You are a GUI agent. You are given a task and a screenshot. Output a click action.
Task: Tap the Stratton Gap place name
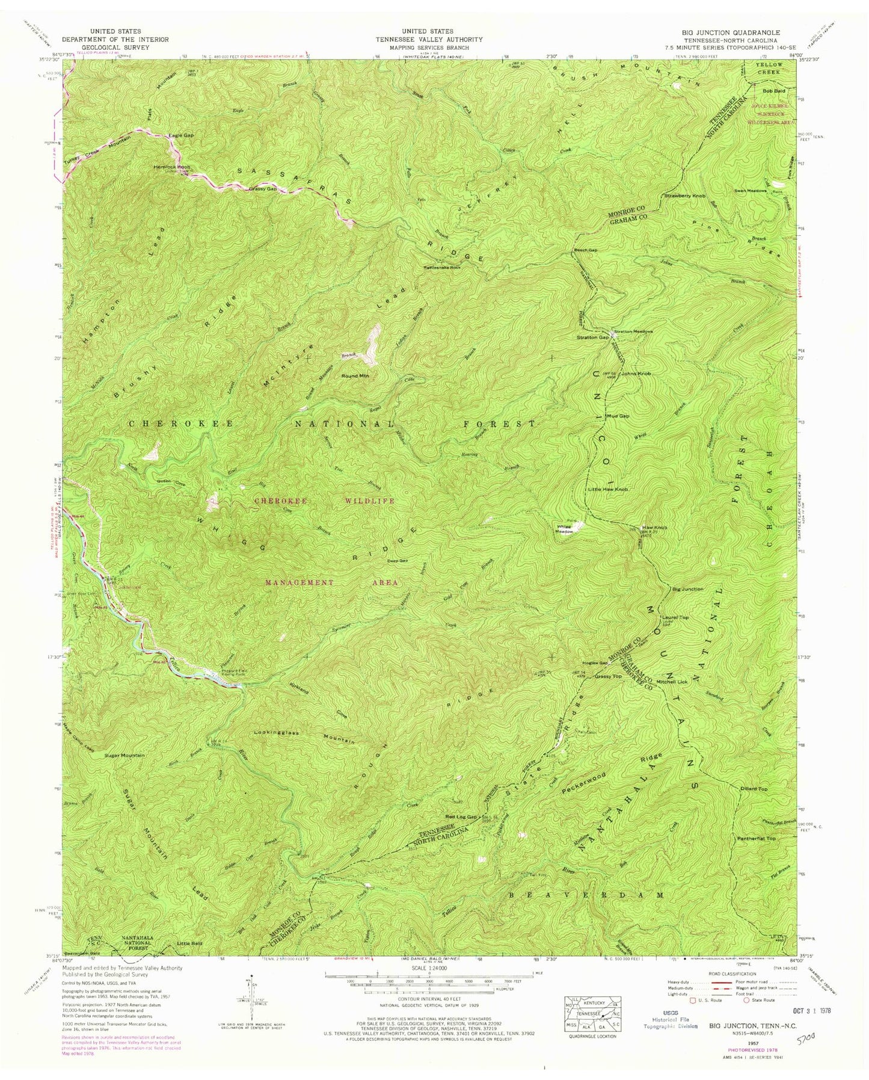[x=583, y=338]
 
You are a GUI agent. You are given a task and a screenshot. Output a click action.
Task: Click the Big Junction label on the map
[x=687, y=589]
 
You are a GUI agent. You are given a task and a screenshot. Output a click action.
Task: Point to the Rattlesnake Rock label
[x=441, y=268]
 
